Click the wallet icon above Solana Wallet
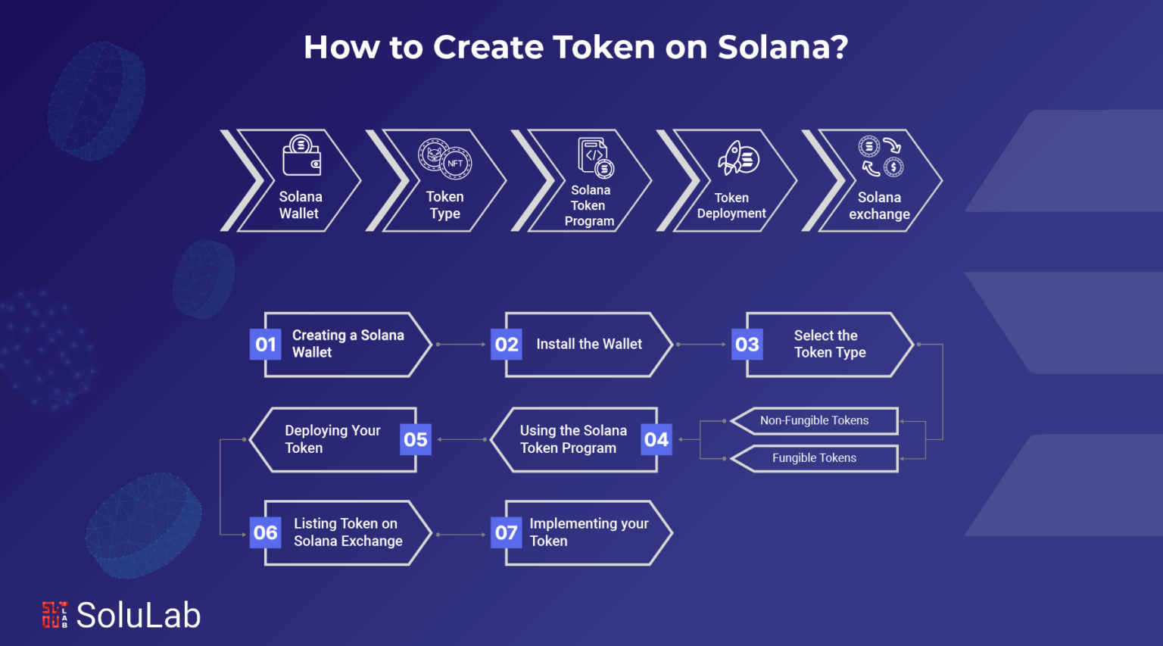point(301,155)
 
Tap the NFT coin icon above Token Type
point(445,159)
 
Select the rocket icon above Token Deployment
point(738,158)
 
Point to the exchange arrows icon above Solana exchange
point(881,156)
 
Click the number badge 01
point(265,345)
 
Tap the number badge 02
point(507,345)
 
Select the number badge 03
point(747,345)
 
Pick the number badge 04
point(656,440)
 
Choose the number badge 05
point(416,440)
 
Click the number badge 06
point(265,533)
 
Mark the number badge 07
point(507,533)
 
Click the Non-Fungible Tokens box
point(814,420)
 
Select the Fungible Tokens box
point(814,458)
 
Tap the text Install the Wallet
point(589,344)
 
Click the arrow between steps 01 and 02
point(461,345)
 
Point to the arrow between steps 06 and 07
point(461,535)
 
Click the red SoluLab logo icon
point(55,615)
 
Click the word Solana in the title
point(784,47)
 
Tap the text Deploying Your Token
point(332,439)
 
